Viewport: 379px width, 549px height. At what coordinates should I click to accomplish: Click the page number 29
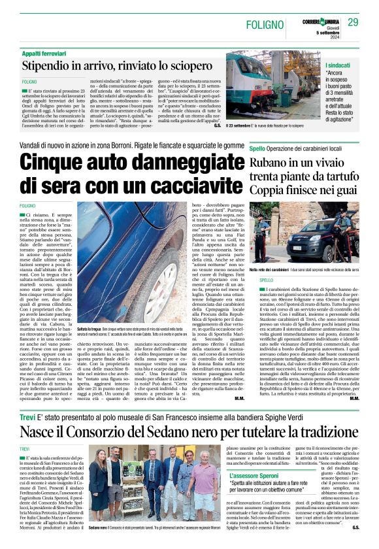(353, 22)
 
